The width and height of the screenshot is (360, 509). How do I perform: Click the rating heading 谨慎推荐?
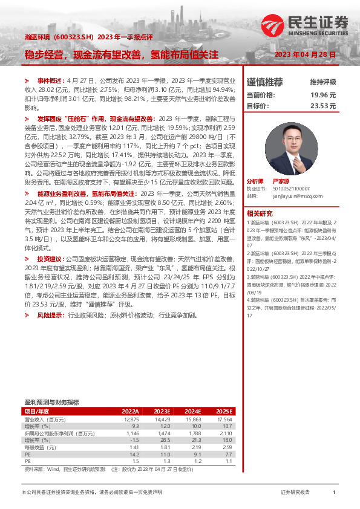coord(264,82)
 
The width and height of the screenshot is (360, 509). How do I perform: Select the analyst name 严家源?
coord(279,181)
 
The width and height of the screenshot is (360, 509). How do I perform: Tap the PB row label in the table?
coord(27,461)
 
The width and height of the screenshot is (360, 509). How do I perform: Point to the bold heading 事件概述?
coord(50,80)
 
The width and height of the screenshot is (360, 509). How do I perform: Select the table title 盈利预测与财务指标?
coord(51,402)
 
